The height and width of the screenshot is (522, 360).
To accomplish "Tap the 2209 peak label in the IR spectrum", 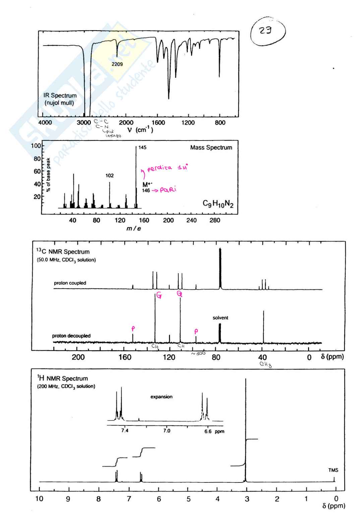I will [x=117, y=64].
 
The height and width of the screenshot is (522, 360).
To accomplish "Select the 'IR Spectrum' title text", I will [x=60, y=96].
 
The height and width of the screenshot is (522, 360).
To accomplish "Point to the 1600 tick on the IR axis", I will [x=158, y=123].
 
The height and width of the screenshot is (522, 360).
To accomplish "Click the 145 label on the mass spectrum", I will [x=142, y=148].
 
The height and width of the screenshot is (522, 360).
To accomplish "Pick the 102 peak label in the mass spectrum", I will [x=110, y=175].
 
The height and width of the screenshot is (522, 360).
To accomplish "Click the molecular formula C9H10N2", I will [x=218, y=204].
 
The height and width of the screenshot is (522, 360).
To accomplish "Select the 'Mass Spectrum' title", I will [x=211, y=148].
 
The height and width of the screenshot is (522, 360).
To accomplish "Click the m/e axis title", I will [x=133, y=229].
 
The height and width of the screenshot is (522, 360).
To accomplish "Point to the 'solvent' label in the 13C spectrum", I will [x=220, y=318].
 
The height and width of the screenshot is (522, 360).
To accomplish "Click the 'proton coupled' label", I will [x=70, y=283].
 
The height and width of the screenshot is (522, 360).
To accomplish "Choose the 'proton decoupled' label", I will [x=71, y=336].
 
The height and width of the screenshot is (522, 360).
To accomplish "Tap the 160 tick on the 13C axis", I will [x=125, y=357].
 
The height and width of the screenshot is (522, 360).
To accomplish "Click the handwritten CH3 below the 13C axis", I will [x=265, y=364].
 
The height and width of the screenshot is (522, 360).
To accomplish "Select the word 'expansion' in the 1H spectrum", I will [x=162, y=397].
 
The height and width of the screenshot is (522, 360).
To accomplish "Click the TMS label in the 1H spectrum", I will [x=333, y=470].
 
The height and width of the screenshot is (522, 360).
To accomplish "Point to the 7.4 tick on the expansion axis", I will [x=124, y=431].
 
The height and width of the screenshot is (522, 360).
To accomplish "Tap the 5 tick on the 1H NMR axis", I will [x=188, y=499].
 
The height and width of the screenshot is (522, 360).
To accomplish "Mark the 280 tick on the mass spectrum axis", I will [x=215, y=220].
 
